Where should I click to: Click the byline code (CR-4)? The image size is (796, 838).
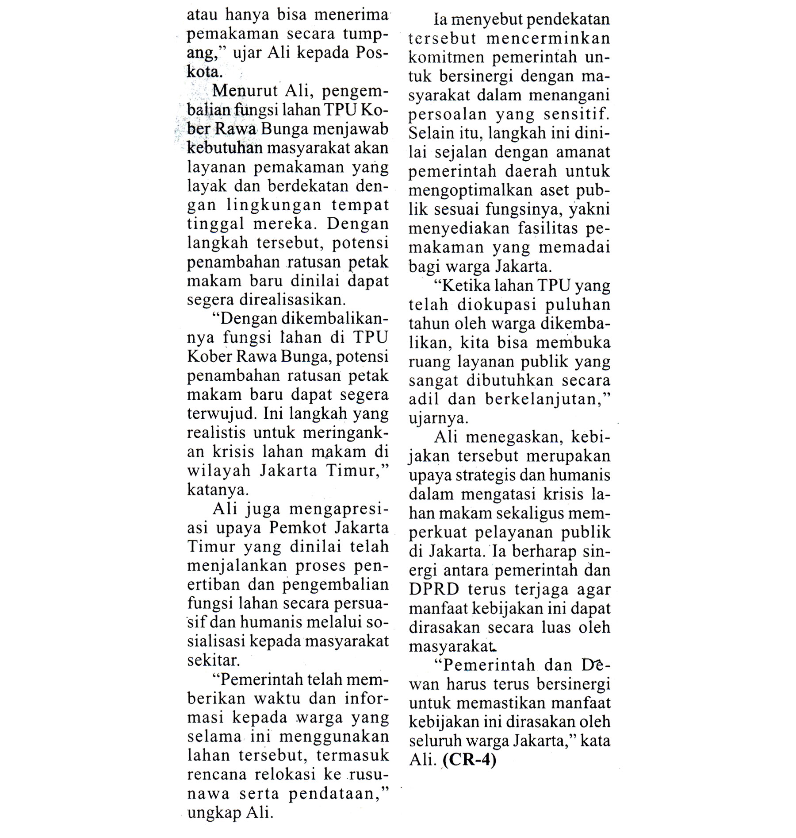[x=469, y=760]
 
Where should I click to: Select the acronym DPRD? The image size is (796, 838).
[x=433, y=589]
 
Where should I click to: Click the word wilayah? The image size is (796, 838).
[x=218, y=471]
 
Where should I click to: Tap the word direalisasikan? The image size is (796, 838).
[x=292, y=300]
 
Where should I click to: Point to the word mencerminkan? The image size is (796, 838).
[x=548, y=38]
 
